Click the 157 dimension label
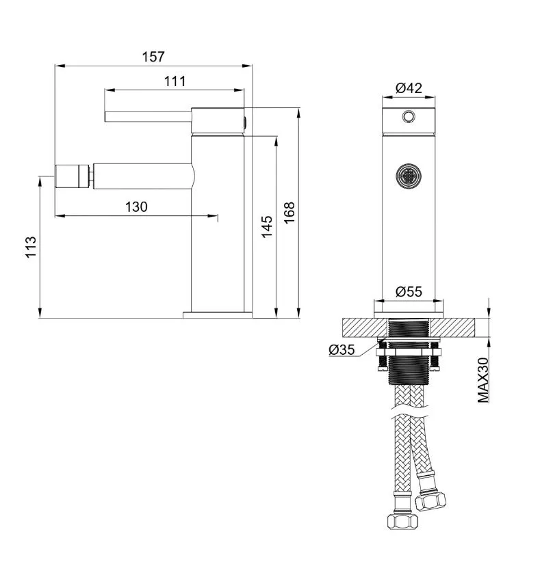click(153, 57)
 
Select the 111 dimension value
click(175, 81)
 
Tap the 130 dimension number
click(136, 207)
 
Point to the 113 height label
click(31, 247)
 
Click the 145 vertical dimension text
click(267, 226)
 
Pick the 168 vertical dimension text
click(289, 213)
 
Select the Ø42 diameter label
click(409, 88)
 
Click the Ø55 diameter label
click(409, 291)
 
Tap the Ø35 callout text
click(342, 349)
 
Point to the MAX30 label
click(483, 380)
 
